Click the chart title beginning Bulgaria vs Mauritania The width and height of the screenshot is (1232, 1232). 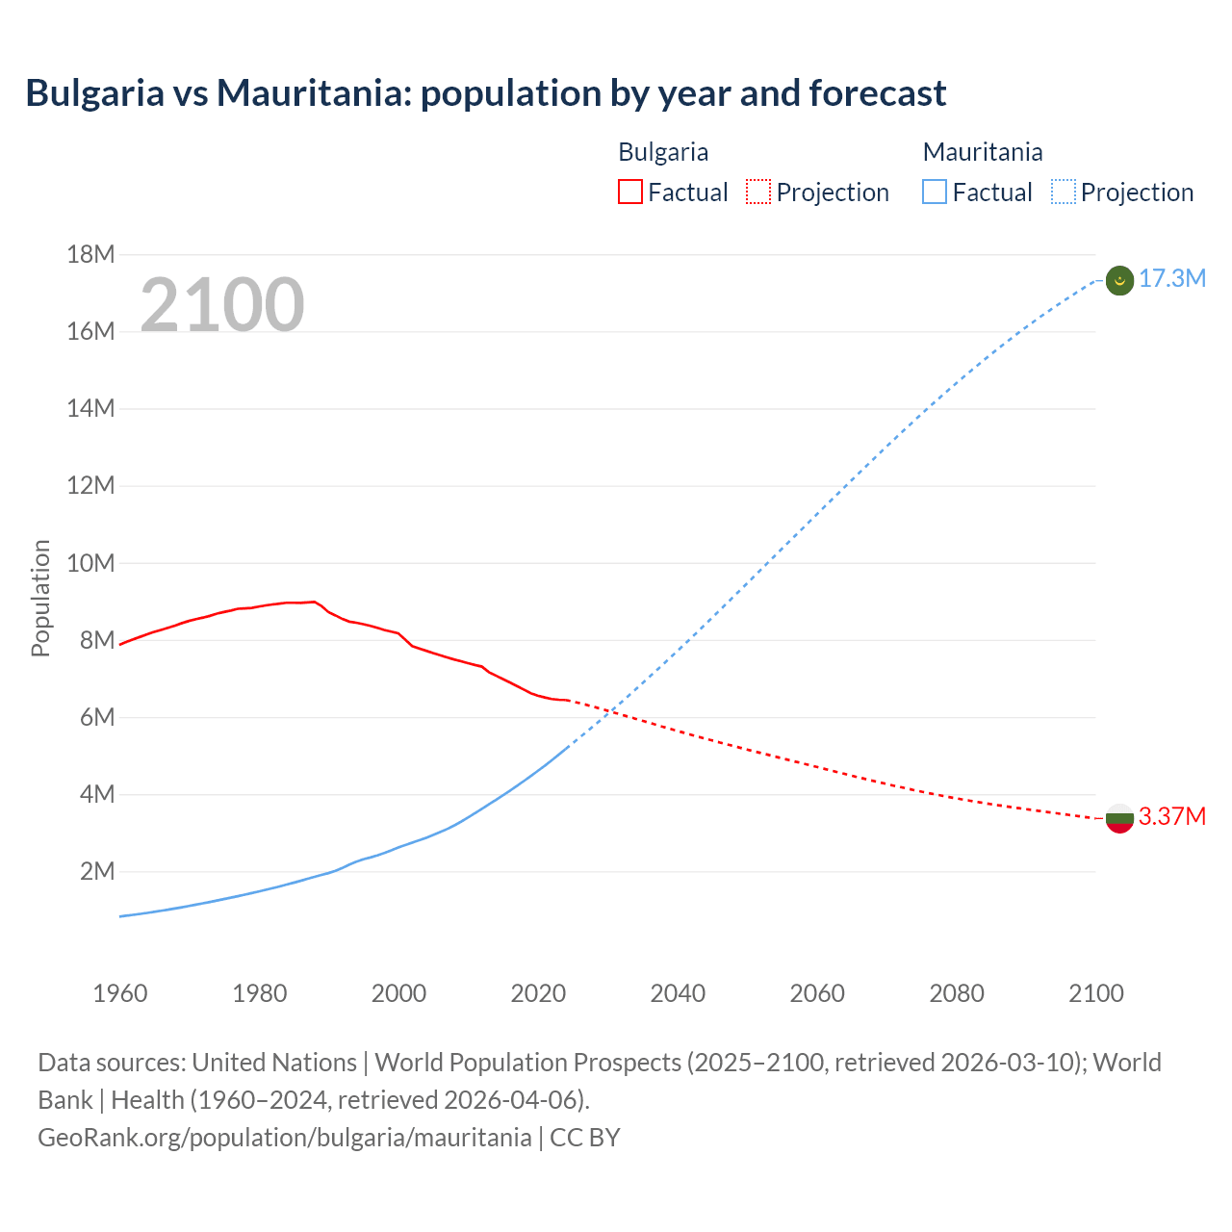pos(486,93)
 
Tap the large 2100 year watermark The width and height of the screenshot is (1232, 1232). pos(222,305)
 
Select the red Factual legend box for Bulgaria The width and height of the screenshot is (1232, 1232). pos(629,192)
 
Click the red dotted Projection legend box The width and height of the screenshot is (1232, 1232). pos(758,192)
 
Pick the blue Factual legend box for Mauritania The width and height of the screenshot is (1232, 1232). pos(934,192)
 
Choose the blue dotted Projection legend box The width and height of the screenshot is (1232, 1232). pos(1063,192)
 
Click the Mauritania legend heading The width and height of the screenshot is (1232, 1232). pos(982,152)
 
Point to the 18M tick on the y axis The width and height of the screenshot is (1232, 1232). pos(90,254)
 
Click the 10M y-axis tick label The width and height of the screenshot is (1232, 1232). pos(90,563)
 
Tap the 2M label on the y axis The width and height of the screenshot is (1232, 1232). pos(96,872)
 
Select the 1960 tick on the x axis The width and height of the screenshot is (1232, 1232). pos(120,993)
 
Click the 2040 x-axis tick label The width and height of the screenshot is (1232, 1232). pos(678,993)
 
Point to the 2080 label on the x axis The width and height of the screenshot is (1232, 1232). pos(957,993)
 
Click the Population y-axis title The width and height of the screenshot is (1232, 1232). pos(40,598)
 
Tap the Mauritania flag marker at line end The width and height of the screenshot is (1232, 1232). pos(1119,280)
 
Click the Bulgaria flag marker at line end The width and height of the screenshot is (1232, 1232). pos(1119,818)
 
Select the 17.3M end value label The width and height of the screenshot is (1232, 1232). pos(1171,279)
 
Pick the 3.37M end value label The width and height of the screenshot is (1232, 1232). pos(1171,817)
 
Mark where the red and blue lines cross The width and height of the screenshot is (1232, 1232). pos(610,712)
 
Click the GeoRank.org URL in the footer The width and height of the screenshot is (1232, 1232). pos(284,1137)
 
